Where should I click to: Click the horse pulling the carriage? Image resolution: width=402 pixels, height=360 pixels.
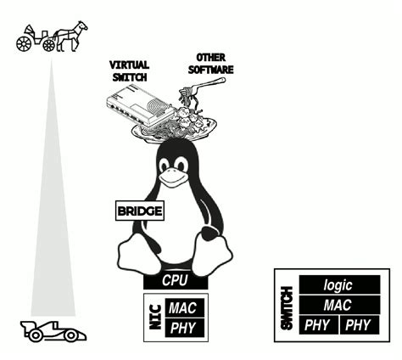[71, 35]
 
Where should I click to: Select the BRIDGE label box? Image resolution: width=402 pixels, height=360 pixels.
[139, 211]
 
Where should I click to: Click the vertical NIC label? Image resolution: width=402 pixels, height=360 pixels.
[154, 318]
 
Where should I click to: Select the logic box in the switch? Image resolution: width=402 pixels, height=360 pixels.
[338, 286]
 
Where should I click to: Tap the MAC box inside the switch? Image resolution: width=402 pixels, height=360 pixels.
[338, 305]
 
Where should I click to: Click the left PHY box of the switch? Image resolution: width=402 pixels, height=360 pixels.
[317, 324]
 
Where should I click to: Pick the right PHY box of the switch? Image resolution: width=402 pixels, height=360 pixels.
[359, 324]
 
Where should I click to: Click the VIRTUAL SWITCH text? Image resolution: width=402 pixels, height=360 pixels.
[129, 70]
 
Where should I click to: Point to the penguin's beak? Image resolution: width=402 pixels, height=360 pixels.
[175, 178]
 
